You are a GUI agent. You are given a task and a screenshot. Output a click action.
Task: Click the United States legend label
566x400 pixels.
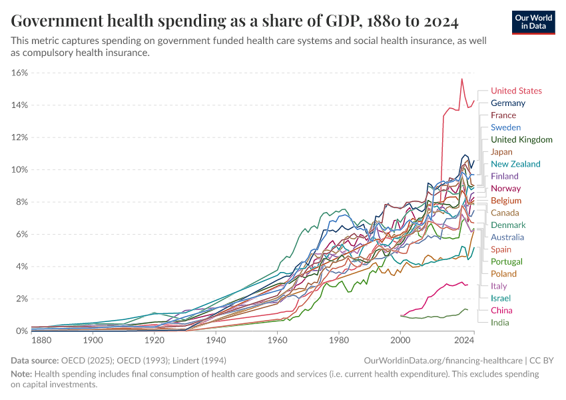516,91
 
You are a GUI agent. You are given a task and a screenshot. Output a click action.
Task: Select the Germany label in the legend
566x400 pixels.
507,103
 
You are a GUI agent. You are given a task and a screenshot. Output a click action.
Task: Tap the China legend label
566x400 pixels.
501,311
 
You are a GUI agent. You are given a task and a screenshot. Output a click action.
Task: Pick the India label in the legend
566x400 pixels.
500,323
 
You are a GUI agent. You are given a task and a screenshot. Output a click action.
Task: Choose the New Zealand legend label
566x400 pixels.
515,164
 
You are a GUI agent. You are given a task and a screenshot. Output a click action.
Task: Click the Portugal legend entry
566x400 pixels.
506,261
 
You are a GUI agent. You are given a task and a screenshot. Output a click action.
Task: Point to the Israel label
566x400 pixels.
501,298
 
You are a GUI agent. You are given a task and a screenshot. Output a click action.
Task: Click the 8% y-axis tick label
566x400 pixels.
21,202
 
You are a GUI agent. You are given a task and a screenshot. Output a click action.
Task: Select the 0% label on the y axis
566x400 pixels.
21,331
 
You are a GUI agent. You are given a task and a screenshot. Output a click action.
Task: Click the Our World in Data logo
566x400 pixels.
533,22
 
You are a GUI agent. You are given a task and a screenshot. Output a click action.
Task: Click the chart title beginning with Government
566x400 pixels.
234,21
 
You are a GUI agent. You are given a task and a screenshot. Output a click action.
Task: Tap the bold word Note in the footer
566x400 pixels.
21,374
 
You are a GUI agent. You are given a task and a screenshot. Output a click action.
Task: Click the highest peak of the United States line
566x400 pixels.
461,79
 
